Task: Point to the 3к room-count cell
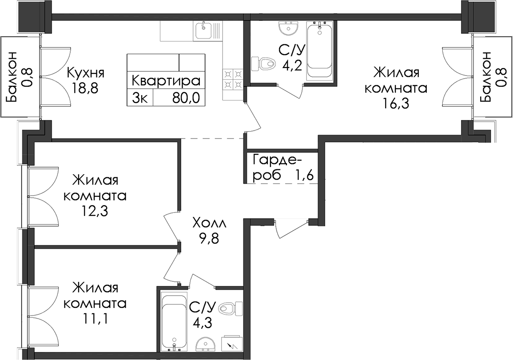[140, 97]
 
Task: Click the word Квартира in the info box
[166, 80]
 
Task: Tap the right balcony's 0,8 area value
[500, 76]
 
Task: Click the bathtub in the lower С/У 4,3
[174, 322]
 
